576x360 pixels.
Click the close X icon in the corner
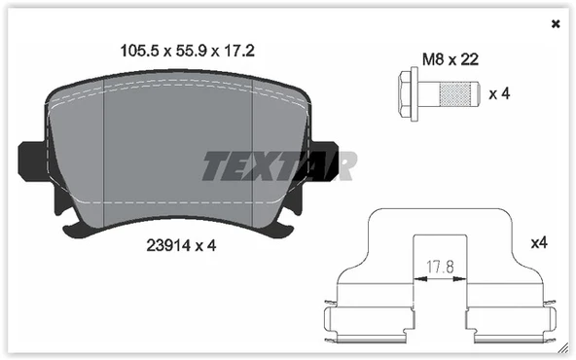tap(556, 23)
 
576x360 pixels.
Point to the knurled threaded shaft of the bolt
tap(451, 93)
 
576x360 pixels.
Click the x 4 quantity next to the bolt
tap(499, 94)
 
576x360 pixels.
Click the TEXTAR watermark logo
tap(278, 165)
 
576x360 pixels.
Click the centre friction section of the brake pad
tap(177, 156)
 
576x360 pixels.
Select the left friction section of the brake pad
tap(76, 156)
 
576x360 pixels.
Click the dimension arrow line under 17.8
tap(439, 277)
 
